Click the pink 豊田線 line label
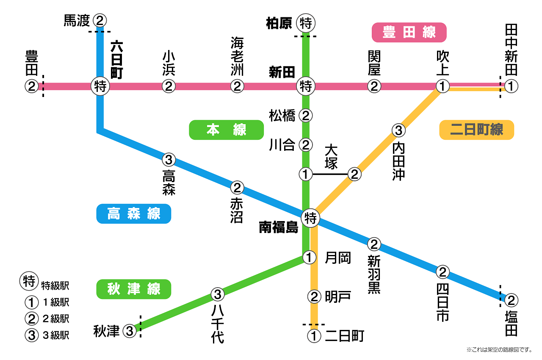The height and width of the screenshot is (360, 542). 409,32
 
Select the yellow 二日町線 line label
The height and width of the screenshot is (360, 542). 476,130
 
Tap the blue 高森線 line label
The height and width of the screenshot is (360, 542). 133,214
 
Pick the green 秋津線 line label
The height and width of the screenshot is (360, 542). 133,289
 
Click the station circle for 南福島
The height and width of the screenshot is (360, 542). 311,219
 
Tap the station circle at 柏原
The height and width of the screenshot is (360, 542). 305,23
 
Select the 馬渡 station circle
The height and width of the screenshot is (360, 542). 100,20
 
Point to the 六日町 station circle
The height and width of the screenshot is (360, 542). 100,86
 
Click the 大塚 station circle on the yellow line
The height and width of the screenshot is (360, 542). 354,174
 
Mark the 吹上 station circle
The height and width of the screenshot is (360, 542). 442,86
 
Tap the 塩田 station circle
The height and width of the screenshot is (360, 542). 511,300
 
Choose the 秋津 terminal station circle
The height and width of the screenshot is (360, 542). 130,331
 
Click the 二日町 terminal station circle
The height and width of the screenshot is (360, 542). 314,336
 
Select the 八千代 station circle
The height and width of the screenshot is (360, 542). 217,294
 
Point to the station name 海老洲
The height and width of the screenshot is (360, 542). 237,56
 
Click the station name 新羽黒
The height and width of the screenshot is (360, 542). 374,274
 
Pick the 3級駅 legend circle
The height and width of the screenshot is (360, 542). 31,335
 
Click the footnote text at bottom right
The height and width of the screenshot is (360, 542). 499,349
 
